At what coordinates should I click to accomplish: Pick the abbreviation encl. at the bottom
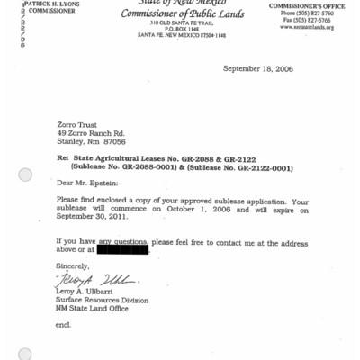62,324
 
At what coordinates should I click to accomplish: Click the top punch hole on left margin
25,175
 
